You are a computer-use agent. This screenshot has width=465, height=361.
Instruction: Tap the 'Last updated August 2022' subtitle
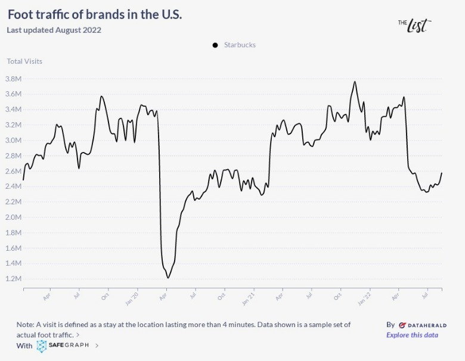[54, 30]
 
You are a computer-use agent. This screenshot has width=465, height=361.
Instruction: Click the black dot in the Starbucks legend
[215, 45]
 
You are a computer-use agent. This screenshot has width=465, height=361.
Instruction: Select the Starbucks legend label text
[240, 45]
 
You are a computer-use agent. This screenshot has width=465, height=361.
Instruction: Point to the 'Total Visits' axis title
[24, 61]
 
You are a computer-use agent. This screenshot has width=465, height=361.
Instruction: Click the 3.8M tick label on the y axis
[13, 79]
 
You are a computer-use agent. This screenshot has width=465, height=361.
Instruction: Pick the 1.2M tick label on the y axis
[13, 279]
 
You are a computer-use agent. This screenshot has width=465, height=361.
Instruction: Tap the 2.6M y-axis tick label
[13, 171]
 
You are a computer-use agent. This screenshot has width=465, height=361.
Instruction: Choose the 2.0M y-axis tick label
[13, 217]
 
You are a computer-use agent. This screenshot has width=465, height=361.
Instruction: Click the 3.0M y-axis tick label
[13, 141]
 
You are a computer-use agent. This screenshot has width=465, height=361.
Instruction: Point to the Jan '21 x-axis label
[249, 297]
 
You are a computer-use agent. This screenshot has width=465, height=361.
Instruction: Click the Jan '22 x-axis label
[365, 297]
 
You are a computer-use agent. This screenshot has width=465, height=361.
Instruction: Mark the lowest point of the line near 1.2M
[168, 278]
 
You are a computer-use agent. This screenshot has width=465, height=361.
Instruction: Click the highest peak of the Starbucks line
[355, 82]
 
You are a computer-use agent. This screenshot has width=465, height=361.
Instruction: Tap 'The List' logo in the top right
[415, 24]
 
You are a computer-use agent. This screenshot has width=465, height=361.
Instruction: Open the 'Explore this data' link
[412, 335]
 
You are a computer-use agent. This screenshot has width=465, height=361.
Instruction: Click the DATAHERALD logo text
[422, 325]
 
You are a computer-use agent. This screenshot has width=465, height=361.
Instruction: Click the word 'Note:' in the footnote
[26, 325]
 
